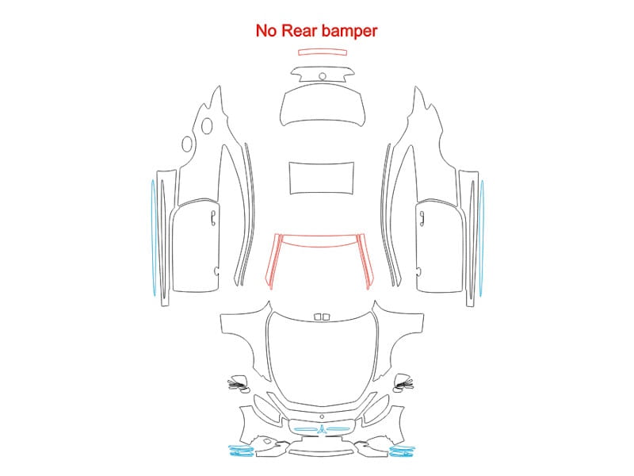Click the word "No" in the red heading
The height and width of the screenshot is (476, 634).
(267, 31)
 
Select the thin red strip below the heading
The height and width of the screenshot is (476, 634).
(323, 52)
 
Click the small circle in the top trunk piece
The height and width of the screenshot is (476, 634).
(323, 76)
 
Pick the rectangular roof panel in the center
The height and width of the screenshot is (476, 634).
(322, 178)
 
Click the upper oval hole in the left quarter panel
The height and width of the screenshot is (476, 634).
(207, 125)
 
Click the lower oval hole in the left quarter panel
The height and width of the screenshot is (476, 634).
(187, 144)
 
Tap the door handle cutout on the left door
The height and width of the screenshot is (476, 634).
(213, 218)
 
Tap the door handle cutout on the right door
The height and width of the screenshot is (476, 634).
(422, 218)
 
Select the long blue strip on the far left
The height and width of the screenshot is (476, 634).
(153, 238)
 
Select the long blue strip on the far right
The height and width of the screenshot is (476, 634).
(482, 238)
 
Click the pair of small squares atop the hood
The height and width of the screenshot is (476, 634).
(323, 317)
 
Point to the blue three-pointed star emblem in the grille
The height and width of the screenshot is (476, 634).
(322, 429)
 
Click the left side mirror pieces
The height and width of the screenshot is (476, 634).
(239, 384)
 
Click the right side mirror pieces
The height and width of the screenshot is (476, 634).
(403, 383)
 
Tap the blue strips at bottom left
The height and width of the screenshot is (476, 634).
(241, 451)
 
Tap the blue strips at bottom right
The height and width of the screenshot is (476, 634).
(403, 451)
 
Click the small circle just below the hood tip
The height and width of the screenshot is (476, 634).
(322, 417)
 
